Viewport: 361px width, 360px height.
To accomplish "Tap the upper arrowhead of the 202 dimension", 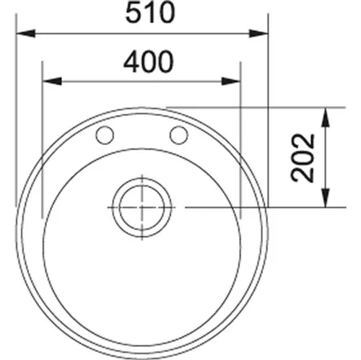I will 326,113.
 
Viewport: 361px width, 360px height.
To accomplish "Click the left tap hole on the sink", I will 105,134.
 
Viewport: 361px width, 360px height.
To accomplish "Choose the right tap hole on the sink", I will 178,134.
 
